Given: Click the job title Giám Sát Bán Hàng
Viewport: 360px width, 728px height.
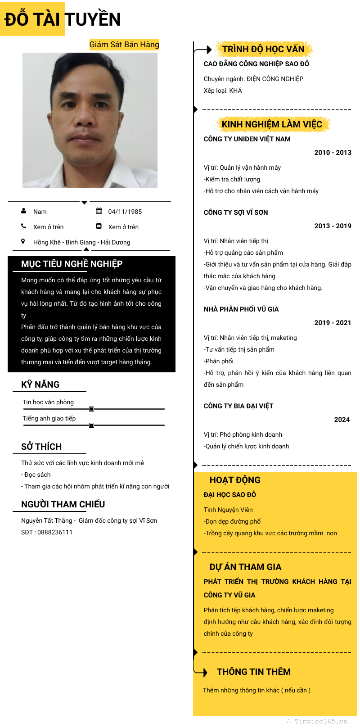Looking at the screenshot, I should (x=124, y=45).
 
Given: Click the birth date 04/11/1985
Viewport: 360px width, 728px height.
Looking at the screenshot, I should (x=125, y=212).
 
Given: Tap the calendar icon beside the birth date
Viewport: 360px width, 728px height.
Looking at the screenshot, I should (x=99, y=211).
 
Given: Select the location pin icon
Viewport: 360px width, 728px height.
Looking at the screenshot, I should (x=23, y=242).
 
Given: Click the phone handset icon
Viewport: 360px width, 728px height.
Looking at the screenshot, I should (x=24, y=226).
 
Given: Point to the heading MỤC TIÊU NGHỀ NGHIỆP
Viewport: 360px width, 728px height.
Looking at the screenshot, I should (x=72, y=264).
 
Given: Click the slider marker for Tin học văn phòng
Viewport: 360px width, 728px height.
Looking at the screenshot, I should (x=92, y=409).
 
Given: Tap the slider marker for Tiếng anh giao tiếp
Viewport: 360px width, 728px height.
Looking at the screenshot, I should (x=92, y=425).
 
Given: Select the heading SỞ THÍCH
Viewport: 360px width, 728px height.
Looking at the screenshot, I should (x=41, y=447).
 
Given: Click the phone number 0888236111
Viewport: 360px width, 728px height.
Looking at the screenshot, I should (x=55, y=532).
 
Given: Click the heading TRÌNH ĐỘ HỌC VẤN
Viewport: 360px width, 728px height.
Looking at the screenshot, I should (x=263, y=49).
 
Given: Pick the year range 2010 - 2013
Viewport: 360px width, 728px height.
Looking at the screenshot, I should (x=333, y=153).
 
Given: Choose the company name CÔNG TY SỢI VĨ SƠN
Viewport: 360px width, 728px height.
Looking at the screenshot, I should (x=236, y=213).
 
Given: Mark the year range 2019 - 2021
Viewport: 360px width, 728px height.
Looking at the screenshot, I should (x=333, y=323).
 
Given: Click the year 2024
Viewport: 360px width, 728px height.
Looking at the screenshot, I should (x=342, y=420).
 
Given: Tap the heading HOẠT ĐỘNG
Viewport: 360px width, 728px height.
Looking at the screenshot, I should (x=235, y=480).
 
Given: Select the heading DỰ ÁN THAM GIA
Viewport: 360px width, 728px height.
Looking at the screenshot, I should (x=245, y=567).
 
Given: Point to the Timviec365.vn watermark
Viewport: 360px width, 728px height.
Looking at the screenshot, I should (x=318, y=721).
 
